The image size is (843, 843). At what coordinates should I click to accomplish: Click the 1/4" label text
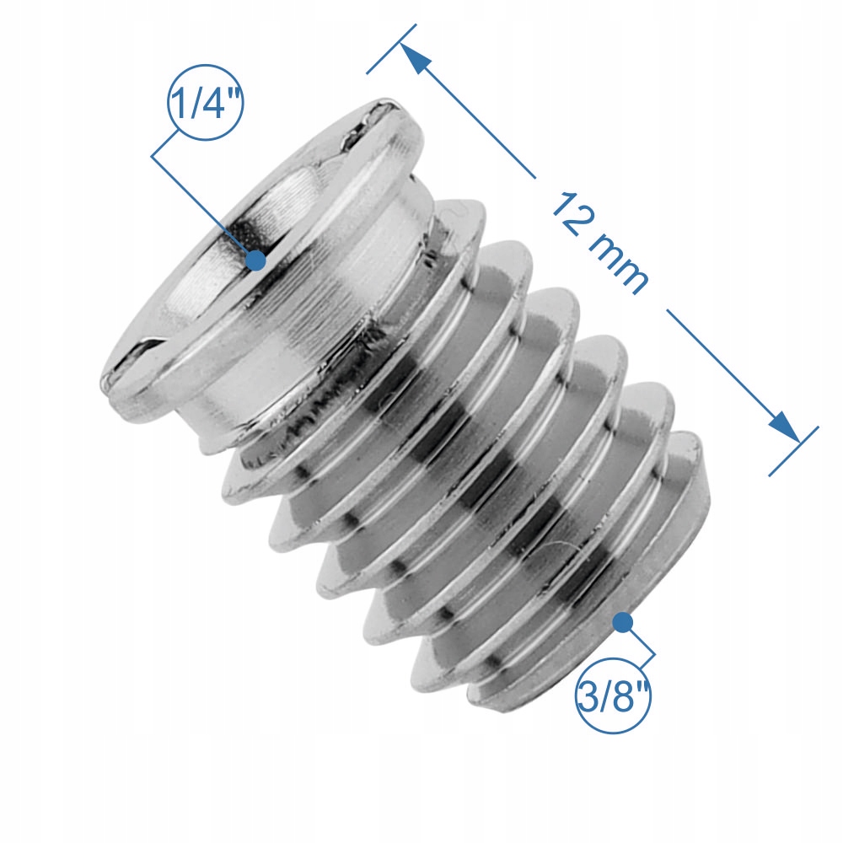point(206,103)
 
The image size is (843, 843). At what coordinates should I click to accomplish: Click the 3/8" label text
point(614,695)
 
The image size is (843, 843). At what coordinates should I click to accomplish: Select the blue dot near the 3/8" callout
point(622,623)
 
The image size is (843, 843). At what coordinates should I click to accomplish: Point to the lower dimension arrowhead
point(784,427)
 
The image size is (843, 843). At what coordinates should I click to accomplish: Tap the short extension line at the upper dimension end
point(391,48)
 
